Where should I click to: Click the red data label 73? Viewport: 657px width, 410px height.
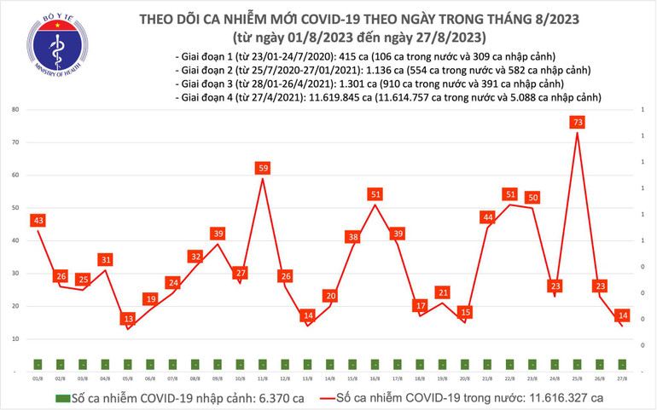[578, 123]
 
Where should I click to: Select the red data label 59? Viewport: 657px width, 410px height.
[263, 168]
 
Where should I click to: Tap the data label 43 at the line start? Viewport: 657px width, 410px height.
[38, 221]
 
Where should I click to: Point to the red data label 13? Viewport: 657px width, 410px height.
[128, 319]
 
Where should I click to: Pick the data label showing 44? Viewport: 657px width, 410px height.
[488, 217]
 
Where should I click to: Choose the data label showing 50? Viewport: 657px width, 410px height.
[532, 198]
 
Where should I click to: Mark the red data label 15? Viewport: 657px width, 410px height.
[465, 312]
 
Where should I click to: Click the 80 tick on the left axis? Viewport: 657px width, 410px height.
[16, 110]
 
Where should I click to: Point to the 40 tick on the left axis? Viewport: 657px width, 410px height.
[16, 241]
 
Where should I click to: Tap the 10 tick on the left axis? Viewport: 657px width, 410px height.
[16, 339]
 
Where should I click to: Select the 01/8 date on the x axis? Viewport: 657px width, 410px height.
[38, 377]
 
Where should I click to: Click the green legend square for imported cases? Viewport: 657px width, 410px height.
[61, 398]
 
